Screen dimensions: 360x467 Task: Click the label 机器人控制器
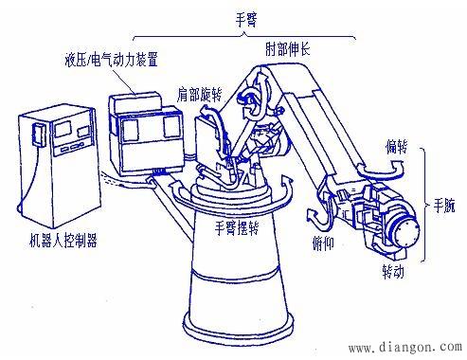(x=63, y=241)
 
